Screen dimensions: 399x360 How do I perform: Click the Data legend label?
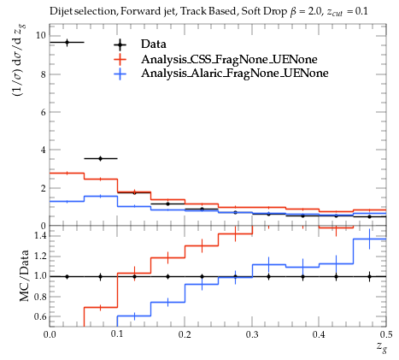(x=154, y=44)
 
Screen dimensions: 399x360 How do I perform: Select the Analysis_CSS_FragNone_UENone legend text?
(x=229, y=59)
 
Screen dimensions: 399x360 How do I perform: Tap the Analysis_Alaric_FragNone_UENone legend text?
(x=235, y=74)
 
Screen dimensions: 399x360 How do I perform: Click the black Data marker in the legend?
(x=120, y=44)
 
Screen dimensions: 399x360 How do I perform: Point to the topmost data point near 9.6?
(x=67, y=43)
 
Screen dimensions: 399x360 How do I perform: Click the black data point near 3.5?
(x=100, y=158)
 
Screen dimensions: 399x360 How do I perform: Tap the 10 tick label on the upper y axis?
(x=40, y=35)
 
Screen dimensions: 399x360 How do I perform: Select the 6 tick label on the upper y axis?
(x=44, y=112)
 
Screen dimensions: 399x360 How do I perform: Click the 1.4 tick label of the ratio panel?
(x=39, y=235)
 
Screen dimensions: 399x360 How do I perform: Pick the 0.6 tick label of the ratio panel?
(x=39, y=316)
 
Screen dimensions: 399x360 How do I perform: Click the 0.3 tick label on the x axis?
(x=252, y=334)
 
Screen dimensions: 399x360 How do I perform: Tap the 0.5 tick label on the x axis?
(x=386, y=334)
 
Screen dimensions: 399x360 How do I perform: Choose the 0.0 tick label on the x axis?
(x=50, y=334)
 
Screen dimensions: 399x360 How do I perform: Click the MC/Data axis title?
(x=24, y=275)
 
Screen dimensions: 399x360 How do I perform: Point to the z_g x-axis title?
(x=382, y=347)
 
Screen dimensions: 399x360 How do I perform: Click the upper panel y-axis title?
(x=19, y=67)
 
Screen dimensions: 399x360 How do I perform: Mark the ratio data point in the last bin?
(x=369, y=276)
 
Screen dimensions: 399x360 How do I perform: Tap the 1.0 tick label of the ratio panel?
(x=39, y=276)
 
